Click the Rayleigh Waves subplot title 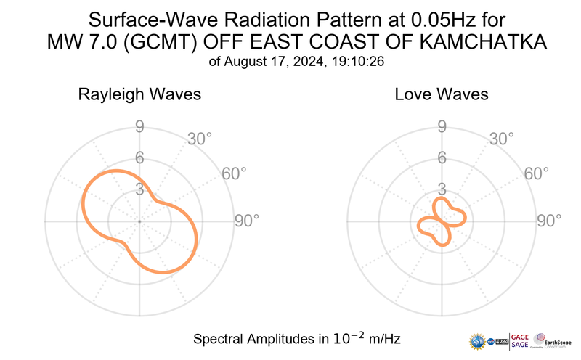139,94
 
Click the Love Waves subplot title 442,94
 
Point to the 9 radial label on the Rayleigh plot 139,127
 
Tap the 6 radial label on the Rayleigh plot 139,157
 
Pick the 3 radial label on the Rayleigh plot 139,189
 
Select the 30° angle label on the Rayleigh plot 200,138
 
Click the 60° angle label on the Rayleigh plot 234,173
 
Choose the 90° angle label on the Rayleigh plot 246,221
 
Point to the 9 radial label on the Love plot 441,127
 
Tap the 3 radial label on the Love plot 441,189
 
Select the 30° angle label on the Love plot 502,138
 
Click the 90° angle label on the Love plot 548,221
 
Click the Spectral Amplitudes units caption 297,339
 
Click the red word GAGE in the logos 520,335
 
